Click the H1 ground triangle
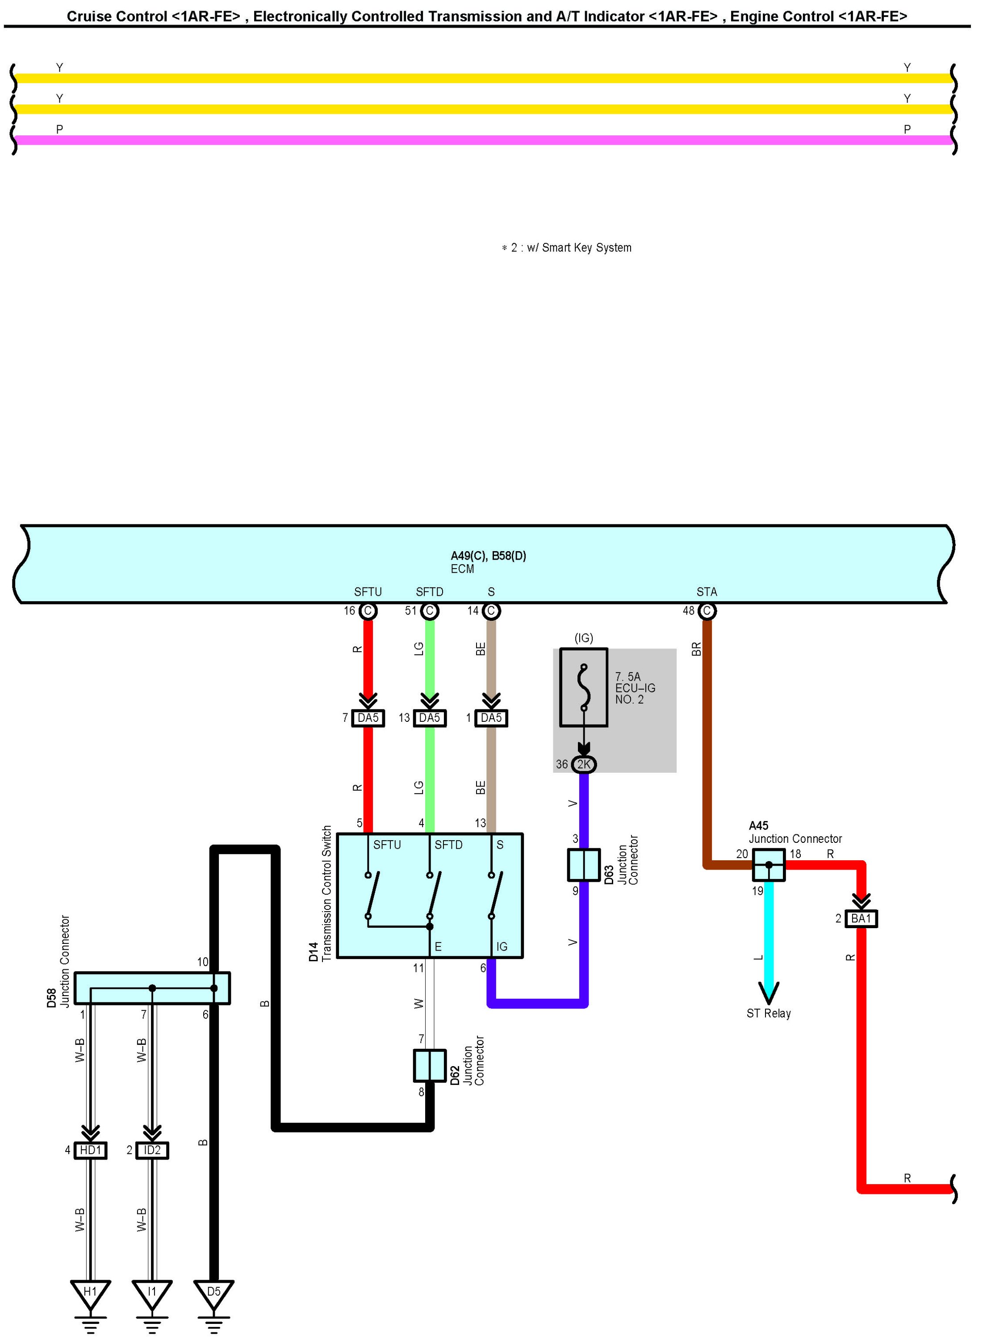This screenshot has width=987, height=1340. (90, 1293)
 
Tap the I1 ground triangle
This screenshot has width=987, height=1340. (152, 1293)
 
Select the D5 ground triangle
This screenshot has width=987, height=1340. (214, 1293)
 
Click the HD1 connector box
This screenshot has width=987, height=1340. (90, 1151)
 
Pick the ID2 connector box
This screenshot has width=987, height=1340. (152, 1151)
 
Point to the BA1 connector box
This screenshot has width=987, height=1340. (861, 919)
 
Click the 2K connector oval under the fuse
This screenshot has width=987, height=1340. (584, 765)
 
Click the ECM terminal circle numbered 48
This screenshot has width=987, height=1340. (707, 611)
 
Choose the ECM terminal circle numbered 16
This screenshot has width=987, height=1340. (368, 611)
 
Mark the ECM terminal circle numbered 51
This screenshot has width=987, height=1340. (430, 611)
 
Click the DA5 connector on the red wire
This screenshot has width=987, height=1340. (368, 718)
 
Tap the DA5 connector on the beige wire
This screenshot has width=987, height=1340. (491, 718)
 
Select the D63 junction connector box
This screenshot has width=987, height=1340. (584, 866)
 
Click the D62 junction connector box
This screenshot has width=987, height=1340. (430, 1066)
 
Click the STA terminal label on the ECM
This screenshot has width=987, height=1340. (707, 592)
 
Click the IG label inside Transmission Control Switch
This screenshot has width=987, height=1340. (502, 947)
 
